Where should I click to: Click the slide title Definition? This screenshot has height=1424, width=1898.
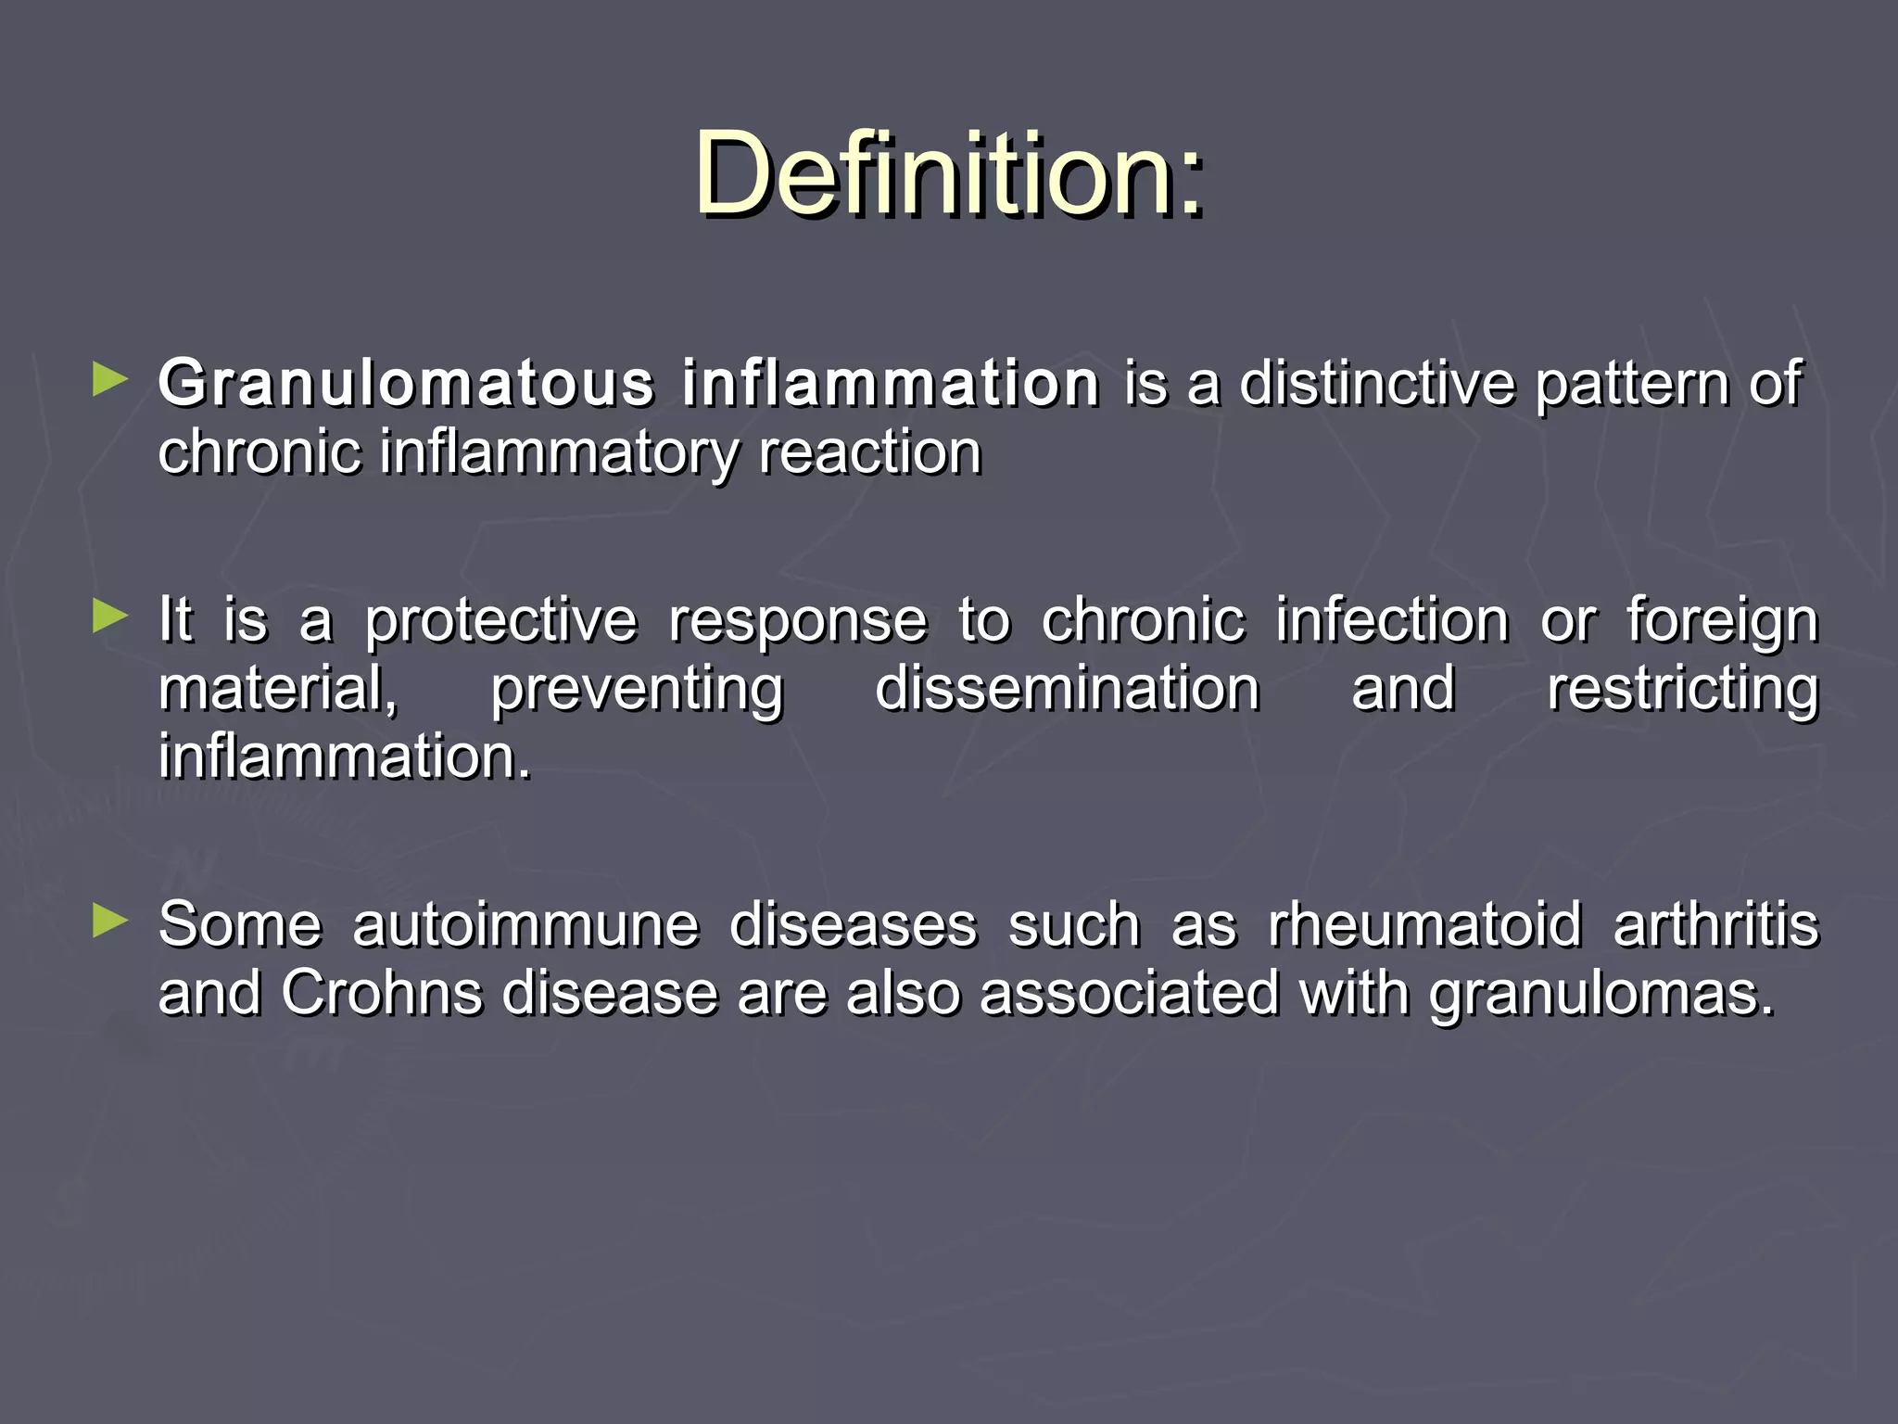[x=949, y=174]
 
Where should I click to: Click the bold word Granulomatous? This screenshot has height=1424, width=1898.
[x=407, y=383]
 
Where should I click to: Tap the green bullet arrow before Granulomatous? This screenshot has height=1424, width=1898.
[x=110, y=381]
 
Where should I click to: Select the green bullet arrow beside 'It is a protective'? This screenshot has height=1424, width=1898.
[x=110, y=617]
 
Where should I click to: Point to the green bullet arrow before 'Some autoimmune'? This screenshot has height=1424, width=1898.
[x=110, y=922]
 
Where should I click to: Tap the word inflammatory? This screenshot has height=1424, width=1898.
[x=559, y=454]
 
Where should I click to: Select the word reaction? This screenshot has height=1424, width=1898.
[x=870, y=453]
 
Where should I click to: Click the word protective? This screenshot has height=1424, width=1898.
[x=501, y=621]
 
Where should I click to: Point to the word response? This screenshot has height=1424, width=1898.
[x=798, y=621]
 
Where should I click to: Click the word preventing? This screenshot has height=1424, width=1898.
[x=638, y=691]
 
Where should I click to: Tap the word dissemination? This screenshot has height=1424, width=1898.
[x=1067, y=689]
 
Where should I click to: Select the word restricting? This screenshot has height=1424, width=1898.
[x=1683, y=691]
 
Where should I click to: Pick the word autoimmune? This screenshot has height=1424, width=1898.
[x=525, y=925]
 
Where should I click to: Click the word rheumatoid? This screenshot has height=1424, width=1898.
[x=1425, y=925]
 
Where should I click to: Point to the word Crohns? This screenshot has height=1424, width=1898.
[x=382, y=993]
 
